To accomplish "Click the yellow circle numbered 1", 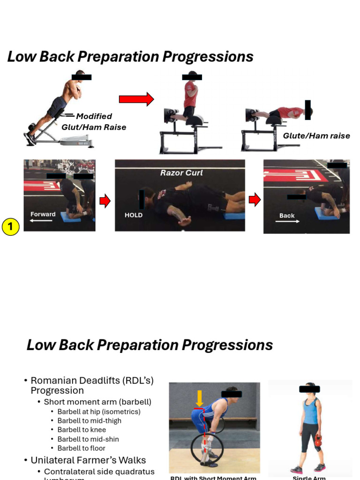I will (10, 228).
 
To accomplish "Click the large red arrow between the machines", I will (136, 99).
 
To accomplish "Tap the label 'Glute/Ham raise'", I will (316, 136).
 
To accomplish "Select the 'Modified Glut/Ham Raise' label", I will (94, 121).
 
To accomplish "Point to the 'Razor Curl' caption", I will (181, 173).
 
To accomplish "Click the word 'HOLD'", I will (134, 215).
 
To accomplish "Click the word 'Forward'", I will (43, 214).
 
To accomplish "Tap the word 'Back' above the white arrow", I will (287, 216).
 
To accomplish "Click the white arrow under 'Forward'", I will (41, 220).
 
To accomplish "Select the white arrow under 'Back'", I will (287, 221).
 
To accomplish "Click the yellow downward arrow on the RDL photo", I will (199, 398).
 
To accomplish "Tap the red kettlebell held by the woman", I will (319, 441).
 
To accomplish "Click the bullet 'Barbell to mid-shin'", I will (88, 439).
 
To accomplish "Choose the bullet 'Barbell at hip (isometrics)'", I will (99, 412).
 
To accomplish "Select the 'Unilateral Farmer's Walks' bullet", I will (88, 460).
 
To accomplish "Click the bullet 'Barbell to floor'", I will (82, 448).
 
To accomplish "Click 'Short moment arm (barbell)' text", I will (97, 402).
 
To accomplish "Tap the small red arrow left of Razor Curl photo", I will (105, 201).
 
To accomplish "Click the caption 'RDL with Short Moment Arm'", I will (213, 478).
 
